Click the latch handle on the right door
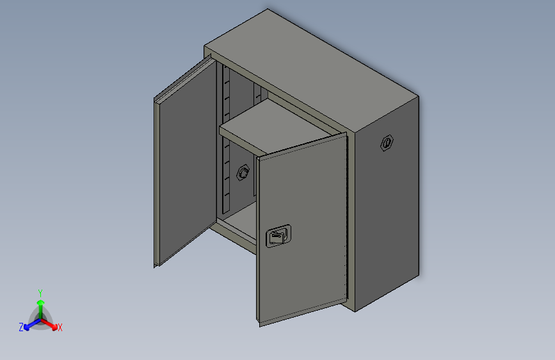(278, 236)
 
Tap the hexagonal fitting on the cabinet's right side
(387, 143)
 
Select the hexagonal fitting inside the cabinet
(243, 172)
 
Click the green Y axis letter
(40, 293)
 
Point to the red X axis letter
(60, 327)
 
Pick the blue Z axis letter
(21, 327)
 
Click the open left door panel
(186, 161)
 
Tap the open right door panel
(302, 229)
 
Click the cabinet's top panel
(312, 71)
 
